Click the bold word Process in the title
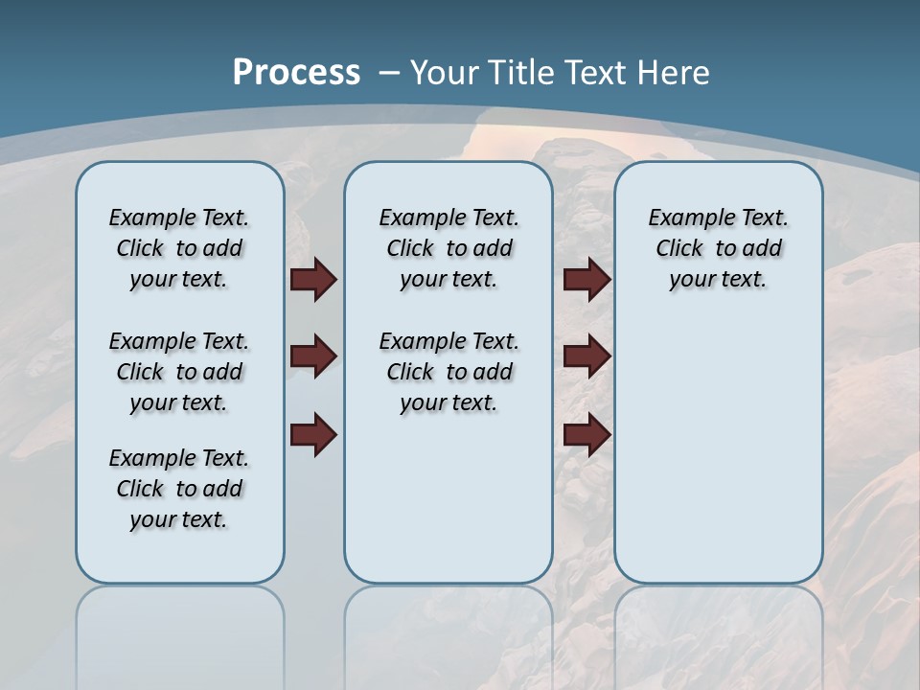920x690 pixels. [296, 73]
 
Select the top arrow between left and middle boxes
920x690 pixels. [313, 280]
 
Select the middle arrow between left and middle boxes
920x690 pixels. [313, 356]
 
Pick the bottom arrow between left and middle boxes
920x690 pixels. [313, 434]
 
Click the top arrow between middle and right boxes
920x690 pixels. [586, 280]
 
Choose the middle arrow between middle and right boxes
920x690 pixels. [586, 356]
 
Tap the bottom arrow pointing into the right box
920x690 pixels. [586, 434]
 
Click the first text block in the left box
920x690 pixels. [179, 248]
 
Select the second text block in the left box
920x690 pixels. [179, 372]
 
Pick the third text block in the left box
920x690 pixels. [179, 489]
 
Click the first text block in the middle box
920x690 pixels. [448, 248]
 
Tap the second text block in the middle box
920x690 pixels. [448, 372]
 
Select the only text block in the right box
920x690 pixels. [718, 248]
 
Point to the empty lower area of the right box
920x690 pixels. [718, 450]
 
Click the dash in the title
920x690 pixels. [388, 73]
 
